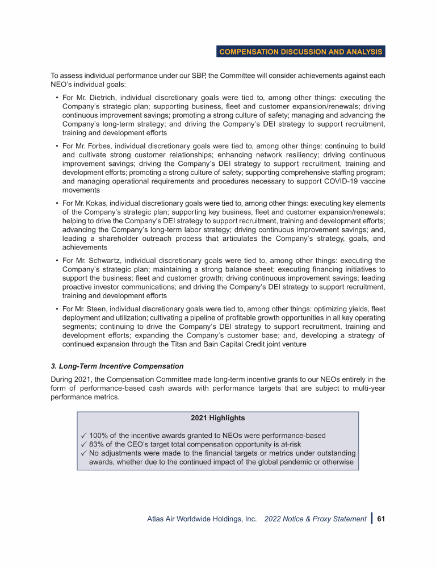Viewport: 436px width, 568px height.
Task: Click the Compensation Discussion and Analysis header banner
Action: (301, 52)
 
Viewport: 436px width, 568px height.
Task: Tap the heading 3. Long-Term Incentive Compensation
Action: (117, 366)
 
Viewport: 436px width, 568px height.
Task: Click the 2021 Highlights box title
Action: (217, 417)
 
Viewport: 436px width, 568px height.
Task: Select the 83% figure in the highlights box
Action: (97, 445)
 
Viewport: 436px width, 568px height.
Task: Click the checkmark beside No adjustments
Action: (83, 453)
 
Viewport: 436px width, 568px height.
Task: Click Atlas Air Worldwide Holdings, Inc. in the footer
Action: (202, 519)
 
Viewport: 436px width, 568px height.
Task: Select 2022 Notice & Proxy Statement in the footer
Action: (315, 519)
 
